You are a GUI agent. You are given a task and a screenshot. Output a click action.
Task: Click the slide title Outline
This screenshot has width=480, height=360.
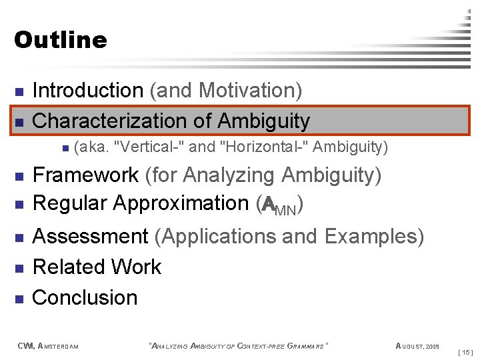pyautogui.click(x=60, y=40)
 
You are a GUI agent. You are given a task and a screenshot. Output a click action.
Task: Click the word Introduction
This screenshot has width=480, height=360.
pyautogui.click(x=87, y=90)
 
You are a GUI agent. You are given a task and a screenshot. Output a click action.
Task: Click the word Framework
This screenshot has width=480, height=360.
pyautogui.click(x=85, y=175)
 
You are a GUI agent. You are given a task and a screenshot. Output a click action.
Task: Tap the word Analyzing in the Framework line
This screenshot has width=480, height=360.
pyautogui.click(x=229, y=175)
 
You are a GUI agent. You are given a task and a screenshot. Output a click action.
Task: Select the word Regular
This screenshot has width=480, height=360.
pyautogui.click(x=70, y=203)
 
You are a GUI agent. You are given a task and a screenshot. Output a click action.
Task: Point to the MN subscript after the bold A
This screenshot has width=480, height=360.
pyautogui.click(x=288, y=209)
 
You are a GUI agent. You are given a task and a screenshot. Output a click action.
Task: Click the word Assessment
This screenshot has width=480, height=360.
pyautogui.click(x=90, y=237)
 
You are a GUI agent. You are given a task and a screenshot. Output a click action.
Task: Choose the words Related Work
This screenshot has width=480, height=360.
pyautogui.click(x=97, y=267)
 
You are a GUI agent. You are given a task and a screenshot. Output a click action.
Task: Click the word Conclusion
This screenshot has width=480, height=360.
pyautogui.click(x=85, y=297)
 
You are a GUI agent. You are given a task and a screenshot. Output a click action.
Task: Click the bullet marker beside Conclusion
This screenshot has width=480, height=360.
pyautogui.click(x=19, y=298)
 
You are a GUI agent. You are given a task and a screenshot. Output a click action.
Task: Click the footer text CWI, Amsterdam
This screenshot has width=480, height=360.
pyautogui.click(x=47, y=345)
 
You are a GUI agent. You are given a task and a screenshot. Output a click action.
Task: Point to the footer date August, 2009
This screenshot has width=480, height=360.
pyautogui.click(x=417, y=345)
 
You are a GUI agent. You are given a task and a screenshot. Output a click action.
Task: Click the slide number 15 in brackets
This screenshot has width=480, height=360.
pyautogui.click(x=465, y=351)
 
